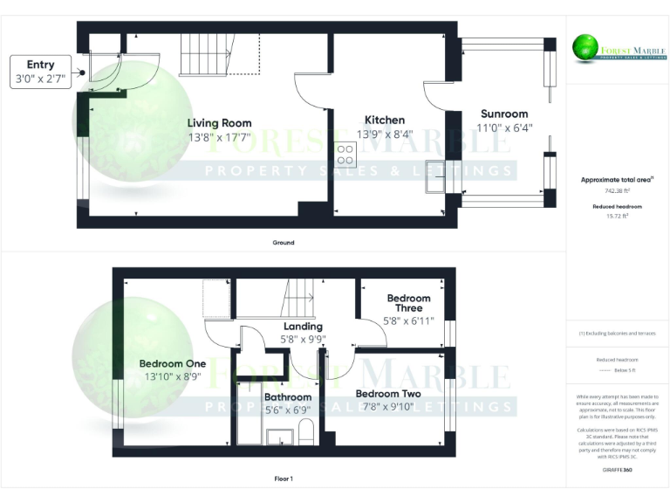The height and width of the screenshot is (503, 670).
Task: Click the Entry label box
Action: click(41, 71)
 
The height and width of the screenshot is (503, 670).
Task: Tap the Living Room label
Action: click(220, 123)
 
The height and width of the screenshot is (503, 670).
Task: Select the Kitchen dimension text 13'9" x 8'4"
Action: click(385, 134)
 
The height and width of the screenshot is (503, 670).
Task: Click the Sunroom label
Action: click(504, 114)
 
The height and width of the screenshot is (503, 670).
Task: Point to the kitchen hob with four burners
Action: click(345, 154)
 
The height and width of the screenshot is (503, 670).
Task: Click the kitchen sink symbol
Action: click(436, 171)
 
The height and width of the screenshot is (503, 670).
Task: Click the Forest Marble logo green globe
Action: click(584, 46)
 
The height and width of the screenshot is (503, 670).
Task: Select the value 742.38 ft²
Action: click(618, 190)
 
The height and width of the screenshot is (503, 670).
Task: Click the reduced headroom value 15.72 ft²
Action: click(618, 215)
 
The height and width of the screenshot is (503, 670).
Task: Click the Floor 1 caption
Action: click(284, 479)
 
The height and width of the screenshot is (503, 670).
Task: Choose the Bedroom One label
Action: click(173, 363)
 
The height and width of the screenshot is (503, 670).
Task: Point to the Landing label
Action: click(303, 327)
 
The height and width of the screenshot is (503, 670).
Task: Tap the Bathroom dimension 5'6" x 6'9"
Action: click(287, 409)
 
